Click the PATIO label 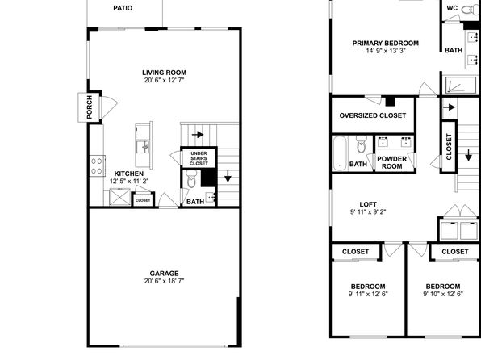[x=123, y=8]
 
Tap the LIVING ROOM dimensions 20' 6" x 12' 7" [x=164, y=81]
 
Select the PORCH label [x=90, y=107]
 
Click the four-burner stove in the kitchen [x=97, y=166]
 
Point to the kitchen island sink [x=143, y=147]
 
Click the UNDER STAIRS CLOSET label [x=199, y=158]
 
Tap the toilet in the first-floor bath [x=191, y=179]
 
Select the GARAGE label [x=164, y=273]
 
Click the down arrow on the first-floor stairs [x=228, y=177]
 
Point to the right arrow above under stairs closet [x=198, y=135]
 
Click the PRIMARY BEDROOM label [x=386, y=44]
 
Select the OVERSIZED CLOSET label [x=373, y=115]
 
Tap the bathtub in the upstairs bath [x=340, y=153]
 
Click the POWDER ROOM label [x=392, y=163]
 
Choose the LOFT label [x=368, y=204]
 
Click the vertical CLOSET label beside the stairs [x=449, y=147]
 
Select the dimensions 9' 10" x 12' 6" [x=443, y=294]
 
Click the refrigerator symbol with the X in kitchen [x=120, y=197]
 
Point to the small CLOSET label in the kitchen [x=143, y=200]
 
